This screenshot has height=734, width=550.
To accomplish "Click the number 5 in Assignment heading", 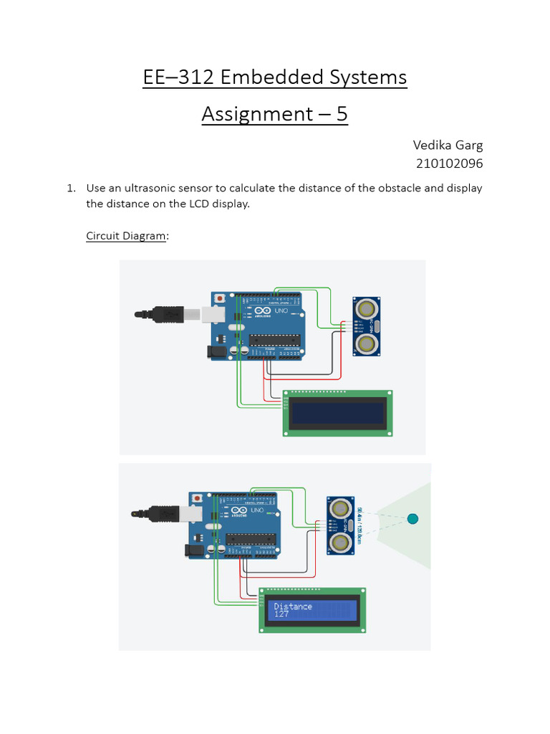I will [342, 114].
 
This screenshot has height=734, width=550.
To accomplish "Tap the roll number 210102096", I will [450, 163].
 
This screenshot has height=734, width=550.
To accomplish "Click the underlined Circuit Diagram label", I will [125, 236].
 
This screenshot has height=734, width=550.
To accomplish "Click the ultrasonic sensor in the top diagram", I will [367, 326].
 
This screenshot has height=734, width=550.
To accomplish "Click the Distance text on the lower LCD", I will [293, 606].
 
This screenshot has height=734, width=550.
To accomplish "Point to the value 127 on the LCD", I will [281, 614].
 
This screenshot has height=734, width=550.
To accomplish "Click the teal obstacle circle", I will [412, 519].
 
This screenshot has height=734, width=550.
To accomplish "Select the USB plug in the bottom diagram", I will [165, 514].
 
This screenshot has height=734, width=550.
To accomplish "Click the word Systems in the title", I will [372, 77].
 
